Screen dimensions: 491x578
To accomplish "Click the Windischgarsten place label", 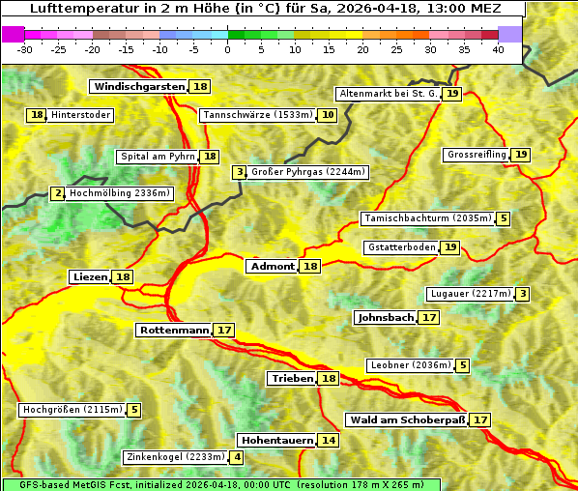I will [139, 87].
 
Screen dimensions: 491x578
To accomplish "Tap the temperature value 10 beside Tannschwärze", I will [329, 115].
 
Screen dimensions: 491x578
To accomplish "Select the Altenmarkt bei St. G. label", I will [388, 94].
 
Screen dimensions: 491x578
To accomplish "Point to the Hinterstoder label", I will [80, 115].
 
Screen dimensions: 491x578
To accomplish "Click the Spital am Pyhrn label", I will [157, 157].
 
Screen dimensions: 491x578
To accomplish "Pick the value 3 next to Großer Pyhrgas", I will [239, 172].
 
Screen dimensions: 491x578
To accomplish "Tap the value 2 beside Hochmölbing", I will [58, 193].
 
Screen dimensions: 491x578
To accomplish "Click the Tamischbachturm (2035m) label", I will [426, 218].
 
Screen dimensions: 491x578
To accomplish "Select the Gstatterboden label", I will [401, 247].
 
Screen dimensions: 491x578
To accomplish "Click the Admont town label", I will [272, 267].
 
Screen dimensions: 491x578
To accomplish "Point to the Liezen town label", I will [90, 277].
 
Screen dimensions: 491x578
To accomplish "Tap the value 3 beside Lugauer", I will [523, 294].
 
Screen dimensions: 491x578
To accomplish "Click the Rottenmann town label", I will [174, 331].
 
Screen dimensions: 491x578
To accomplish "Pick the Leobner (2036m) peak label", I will [410, 365].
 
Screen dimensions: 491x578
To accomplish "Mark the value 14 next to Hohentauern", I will [330, 441].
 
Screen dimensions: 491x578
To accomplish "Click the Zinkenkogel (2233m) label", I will [175, 457].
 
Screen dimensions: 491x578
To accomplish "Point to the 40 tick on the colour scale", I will [498, 49].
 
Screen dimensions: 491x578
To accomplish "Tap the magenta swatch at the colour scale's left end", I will [13, 34].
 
